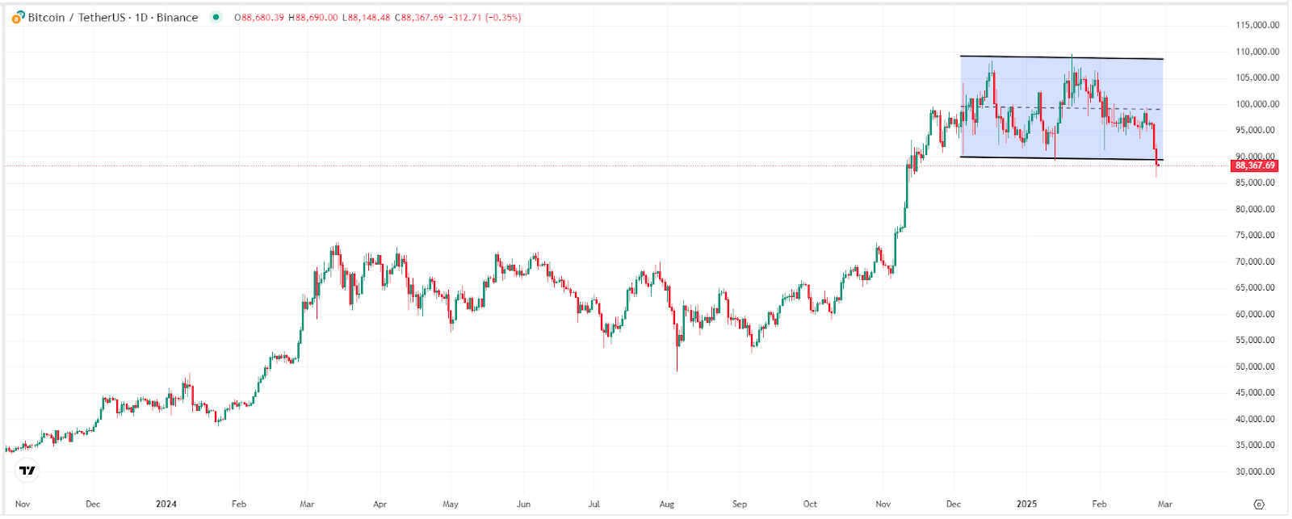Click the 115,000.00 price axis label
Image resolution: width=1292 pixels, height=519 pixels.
click(1257, 25)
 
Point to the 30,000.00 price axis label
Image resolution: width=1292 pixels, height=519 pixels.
click(1257, 471)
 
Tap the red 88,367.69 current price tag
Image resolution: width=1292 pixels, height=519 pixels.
click(1255, 165)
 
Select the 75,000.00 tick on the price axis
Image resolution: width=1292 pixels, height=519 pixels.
click(1257, 235)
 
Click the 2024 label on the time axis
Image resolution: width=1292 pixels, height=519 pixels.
click(166, 504)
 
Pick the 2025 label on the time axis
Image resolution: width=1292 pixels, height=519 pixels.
click(1026, 504)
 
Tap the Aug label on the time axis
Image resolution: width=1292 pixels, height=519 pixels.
click(666, 504)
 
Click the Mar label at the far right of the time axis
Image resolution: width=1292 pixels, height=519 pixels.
click(1164, 504)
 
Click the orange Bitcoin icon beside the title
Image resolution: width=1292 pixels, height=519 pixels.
click(18, 17)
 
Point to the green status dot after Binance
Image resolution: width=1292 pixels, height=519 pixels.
click(216, 17)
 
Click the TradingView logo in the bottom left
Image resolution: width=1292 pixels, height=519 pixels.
click(27, 470)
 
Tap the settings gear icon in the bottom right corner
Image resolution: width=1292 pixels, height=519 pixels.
click(1259, 504)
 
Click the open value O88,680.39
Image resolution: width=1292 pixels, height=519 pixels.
click(259, 18)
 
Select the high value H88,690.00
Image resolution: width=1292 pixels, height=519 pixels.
click(313, 18)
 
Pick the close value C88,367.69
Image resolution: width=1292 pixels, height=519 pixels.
click(419, 18)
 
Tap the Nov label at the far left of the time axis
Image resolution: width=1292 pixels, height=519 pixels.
click(23, 504)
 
